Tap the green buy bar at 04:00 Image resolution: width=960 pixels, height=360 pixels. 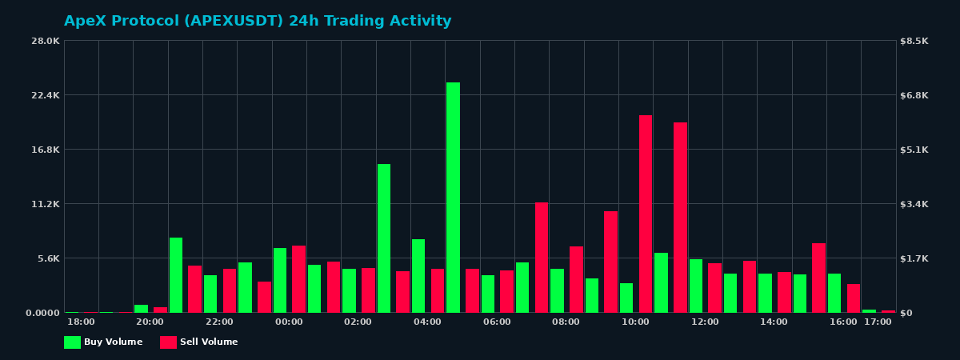point(418,276)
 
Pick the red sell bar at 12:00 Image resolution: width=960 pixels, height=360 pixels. point(714,288)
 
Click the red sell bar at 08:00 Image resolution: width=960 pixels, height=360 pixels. point(576,279)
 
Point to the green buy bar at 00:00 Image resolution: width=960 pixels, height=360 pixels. point(280,280)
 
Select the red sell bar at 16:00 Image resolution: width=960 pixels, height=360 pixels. point(854,298)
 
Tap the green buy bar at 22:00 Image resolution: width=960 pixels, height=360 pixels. point(210,294)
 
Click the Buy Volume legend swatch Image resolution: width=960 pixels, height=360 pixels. point(72,342)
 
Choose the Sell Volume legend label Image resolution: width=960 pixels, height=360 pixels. point(209,342)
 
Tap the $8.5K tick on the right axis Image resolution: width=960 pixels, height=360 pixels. point(914,41)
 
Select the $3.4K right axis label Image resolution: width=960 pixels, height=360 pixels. point(914,204)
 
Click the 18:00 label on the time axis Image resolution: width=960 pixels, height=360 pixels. point(81,322)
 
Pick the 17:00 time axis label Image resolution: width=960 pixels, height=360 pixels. point(878,322)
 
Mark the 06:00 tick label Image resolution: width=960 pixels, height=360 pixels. point(497,322)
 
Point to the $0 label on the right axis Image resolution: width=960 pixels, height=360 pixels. point(906,313)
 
